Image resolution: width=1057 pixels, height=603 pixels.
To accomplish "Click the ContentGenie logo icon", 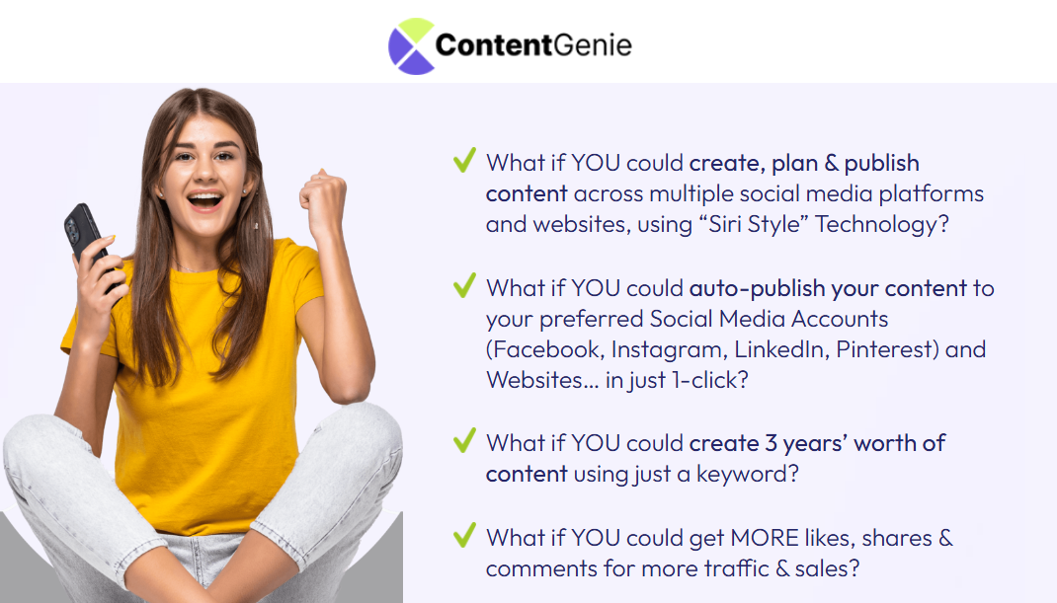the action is tap(411, 45).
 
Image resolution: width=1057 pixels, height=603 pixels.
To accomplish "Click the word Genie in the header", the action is tap(593, 45).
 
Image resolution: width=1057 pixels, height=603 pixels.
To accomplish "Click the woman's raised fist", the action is tap(323, 198).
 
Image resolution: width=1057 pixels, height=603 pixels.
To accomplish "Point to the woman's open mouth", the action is tap(204, 200).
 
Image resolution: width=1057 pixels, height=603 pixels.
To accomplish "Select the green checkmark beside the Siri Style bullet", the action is tap(464, 160).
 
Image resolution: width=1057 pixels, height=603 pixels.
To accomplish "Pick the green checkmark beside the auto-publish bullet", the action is tap(464, 285).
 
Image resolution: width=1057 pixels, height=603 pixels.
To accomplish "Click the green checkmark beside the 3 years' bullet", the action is tap(464, 440).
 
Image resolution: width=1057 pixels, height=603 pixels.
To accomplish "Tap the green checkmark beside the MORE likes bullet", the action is tap(464, 535).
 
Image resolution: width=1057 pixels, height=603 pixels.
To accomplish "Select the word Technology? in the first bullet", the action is tap(882, 224).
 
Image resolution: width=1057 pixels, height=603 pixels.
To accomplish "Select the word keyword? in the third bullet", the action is tap(748, 475).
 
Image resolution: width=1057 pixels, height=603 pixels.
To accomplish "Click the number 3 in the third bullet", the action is tap(771, 444).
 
